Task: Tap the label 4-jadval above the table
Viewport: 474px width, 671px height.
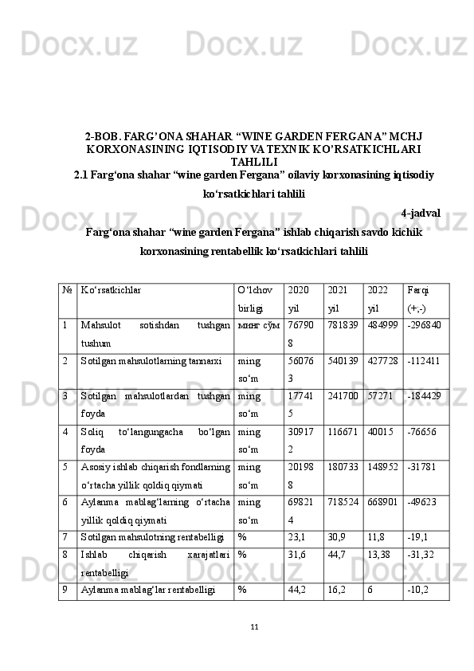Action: pyautogui.click(x=420, y=213)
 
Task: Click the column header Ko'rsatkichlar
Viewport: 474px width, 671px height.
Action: pyautogui.click(x=111, y=290)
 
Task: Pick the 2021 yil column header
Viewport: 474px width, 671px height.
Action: pyautogui.click(x=337, y=298)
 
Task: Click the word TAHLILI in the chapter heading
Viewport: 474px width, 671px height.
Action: pyautogui.click(x=253, y=160)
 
